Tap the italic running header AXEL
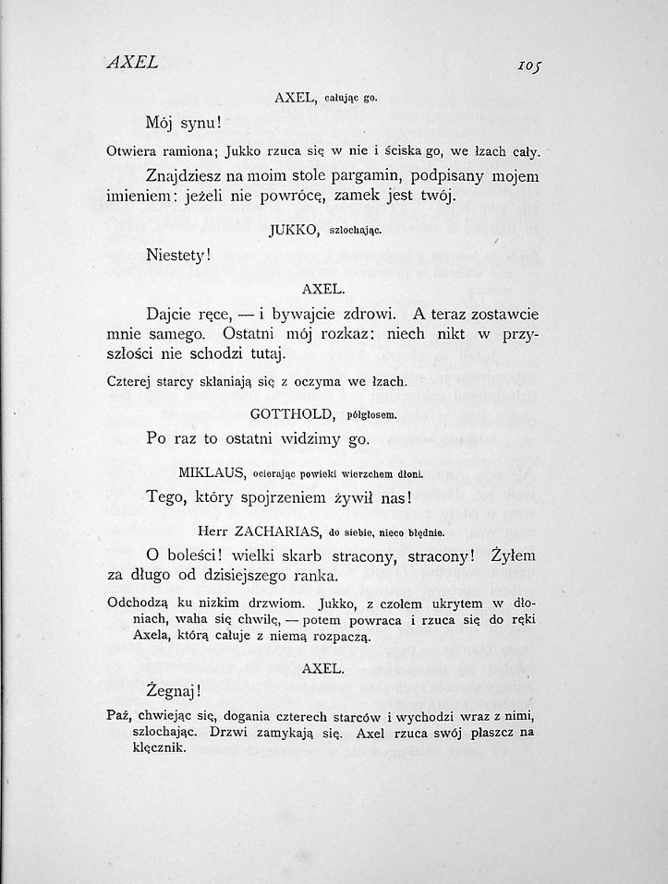(132, 63)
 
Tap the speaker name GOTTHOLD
(292, 415)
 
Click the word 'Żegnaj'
(173, 689)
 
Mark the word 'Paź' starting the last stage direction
(120, 716)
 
